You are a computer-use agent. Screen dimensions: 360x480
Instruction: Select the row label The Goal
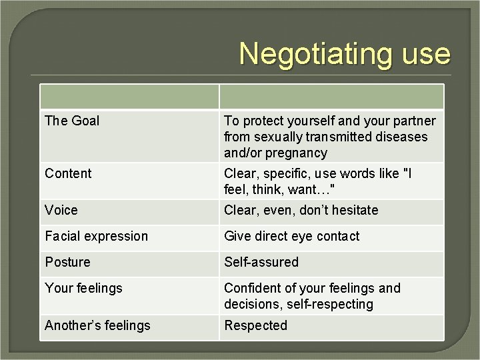coord(72,121)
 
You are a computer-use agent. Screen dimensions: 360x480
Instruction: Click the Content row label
coord(68,173)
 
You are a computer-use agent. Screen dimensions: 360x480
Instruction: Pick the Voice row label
coord(61,210)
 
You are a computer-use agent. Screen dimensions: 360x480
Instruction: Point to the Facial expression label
coord(97,236)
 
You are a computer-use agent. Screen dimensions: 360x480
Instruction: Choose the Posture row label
coord(67,262)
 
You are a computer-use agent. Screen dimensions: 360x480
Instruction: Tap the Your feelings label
coord(84,288)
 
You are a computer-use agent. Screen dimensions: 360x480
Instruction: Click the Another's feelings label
coord(97,325)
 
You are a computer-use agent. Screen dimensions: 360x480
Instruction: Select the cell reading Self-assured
coord(261,262)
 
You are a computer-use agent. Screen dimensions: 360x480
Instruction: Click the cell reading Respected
coord(255,325)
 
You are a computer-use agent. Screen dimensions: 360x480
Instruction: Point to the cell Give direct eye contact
coord(291,236)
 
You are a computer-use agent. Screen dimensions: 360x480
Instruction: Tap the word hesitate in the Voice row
coord(353,210)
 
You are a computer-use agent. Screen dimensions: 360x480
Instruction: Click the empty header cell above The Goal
coord(130,97)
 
